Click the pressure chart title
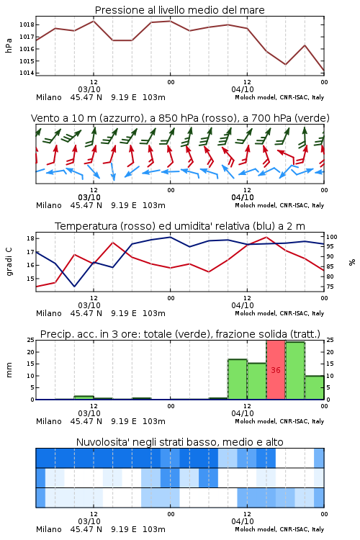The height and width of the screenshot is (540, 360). (180, 10)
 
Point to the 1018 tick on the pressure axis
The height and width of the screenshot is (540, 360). (26, 24)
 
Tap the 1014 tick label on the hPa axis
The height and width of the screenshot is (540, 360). (26, 73)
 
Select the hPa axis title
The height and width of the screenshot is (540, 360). (9, 46)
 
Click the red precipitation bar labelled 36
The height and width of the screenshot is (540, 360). (276, 369)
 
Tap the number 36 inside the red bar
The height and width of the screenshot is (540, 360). (276, 370)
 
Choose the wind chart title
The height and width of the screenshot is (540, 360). (180, 118)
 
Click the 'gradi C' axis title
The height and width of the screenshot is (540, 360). (9, 262)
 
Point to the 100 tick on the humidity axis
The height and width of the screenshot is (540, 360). (332, 237)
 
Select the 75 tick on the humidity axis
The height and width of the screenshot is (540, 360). (330, 287)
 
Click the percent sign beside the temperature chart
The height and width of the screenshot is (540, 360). (352, 262)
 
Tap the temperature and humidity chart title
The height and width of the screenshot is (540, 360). (180, 226)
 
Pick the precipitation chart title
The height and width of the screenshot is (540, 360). (180, 334)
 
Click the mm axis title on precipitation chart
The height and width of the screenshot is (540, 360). (9, 370)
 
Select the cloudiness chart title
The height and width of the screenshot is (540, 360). (180, 442)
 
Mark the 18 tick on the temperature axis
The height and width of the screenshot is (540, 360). (30, 238)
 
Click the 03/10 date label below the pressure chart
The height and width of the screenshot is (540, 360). (89, 89)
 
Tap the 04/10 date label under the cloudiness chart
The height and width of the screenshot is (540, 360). (243, 521)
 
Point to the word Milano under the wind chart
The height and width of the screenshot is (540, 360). (48, 205)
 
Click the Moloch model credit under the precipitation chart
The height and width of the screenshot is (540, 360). (279, 421)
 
